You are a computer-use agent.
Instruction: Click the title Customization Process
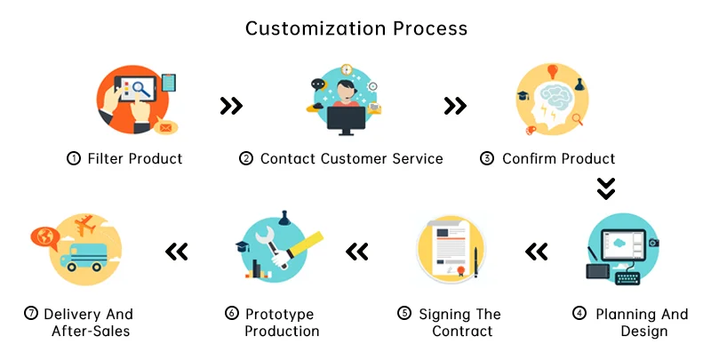[x=355, y=28]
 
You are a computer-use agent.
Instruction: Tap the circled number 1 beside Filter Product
[x=74, y=159]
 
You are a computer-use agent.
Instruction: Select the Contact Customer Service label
[x=351, y=159]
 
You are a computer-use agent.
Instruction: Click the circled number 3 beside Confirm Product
[x=487, y=159]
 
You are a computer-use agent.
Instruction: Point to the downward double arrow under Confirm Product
[x=605, y=188]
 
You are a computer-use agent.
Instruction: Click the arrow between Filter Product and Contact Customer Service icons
[x=231, y=107]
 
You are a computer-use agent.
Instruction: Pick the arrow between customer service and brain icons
[x=455, y=107]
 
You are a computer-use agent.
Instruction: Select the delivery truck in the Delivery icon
[x=82, y=257]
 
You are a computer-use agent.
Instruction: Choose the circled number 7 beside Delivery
[x=32, y=314]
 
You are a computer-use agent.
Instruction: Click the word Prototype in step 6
[x=280, y=314]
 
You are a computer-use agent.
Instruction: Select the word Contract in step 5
[x=462, y=332]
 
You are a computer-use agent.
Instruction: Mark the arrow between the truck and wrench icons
[x=178, y=252]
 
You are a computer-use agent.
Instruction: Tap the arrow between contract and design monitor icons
[x=536, y=252]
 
